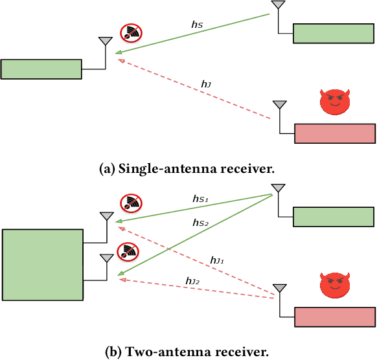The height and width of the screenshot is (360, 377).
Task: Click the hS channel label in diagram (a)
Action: coord(197,24)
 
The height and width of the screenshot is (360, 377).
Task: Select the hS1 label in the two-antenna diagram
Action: coord(199,201)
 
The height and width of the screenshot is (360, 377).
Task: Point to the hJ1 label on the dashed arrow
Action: coord(217,260)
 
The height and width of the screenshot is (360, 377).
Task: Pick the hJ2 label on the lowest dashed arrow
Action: coord(192,280)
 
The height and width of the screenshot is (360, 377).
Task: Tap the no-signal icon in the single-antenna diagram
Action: coord(131,33)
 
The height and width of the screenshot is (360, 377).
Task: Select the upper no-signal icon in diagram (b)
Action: coord(131,204)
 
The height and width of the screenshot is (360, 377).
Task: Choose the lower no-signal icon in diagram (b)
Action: coord(128,251)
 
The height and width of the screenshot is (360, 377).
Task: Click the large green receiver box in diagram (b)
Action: coord(43,264)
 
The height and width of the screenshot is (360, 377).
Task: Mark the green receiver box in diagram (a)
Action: coord(41,69)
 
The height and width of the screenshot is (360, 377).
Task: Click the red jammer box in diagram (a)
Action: coord(335,133)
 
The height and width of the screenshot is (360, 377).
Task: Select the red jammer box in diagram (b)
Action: coord(335,317)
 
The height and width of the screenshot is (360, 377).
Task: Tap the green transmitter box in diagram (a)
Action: coord(334,33)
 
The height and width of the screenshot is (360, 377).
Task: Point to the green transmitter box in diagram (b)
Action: coord(334,216)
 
